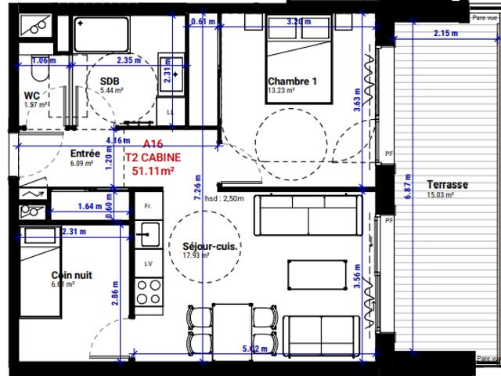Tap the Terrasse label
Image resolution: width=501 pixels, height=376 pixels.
pos(447,185)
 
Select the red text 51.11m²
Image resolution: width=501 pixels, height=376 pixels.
pos(153,169)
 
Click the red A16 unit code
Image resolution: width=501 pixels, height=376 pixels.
pos(154,145)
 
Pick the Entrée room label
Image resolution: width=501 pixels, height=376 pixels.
pos(85,154)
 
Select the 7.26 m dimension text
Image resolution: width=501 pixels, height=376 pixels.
pos(202,194)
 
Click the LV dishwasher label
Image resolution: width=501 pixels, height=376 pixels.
pos(147,263)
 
